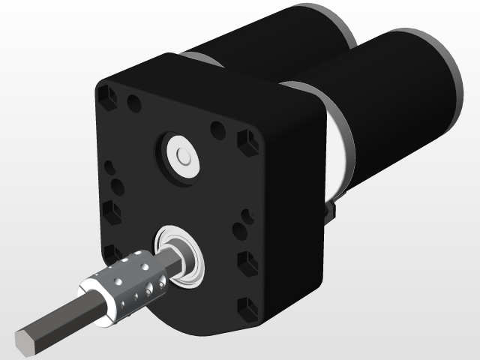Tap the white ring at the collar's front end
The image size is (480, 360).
point(97,301)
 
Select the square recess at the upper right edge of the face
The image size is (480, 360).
point(245,141)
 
